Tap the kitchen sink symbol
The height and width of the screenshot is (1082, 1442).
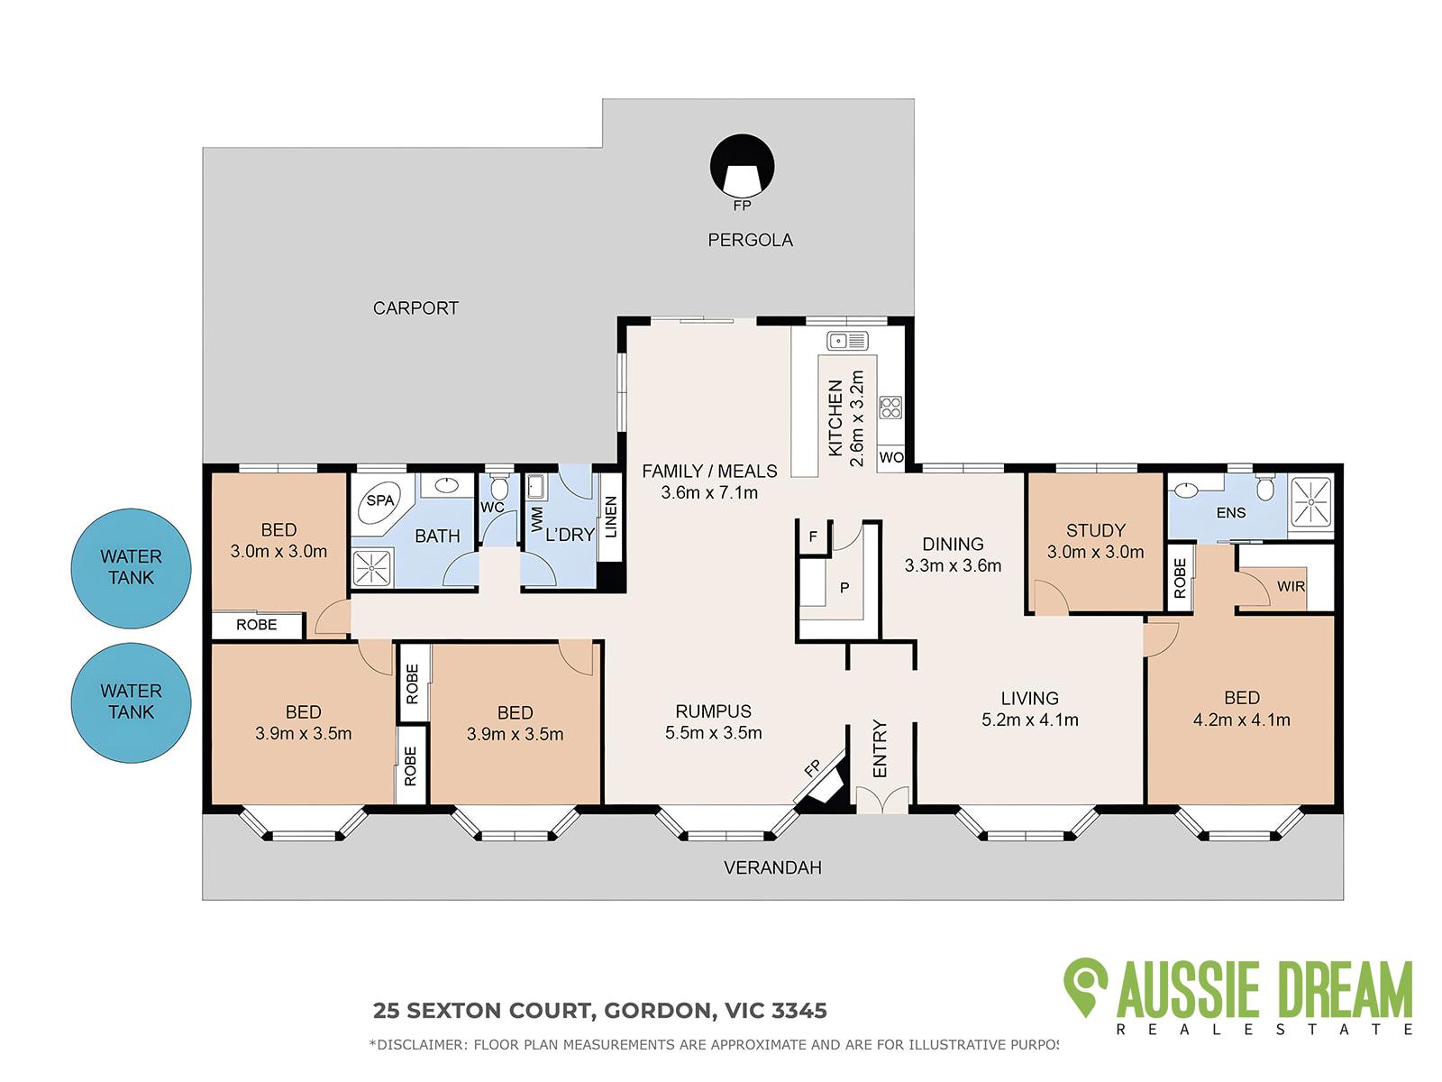(x=847, y=341)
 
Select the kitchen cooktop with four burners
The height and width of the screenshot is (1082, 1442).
(x=890, y=408)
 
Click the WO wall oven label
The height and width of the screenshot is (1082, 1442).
(x=890, y=457)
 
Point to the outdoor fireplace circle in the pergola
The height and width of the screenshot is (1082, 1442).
(x=742, y=166)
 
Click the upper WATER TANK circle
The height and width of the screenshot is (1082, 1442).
(x=132, y=568)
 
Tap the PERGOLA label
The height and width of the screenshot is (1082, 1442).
(x=750, y=241)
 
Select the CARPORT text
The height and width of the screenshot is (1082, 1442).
(x=415, y=308)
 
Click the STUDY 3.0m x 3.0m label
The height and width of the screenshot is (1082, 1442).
(x=1095, y=541)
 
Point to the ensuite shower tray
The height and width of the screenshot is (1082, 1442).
(x=1310, y=502)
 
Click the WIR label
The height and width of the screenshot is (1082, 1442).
(x=1291, y=586)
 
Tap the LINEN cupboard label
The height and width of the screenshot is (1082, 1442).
(x=611, y=517)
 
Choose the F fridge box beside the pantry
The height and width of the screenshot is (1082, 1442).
(x=813, y=537)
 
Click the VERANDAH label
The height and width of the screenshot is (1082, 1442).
(x=772, y=867)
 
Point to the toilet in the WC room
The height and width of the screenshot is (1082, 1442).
(x=499, y=487)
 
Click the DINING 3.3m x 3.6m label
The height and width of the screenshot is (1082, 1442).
(x=953, y=555)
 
